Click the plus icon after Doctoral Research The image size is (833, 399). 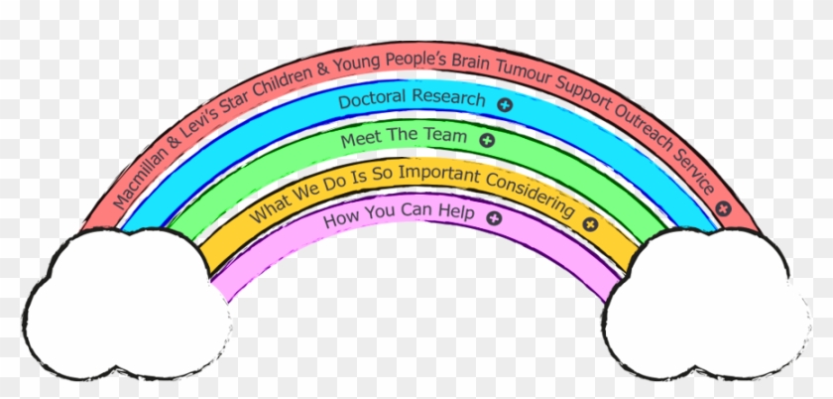[x=504, y=103]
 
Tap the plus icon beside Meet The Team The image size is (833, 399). [x=486, y=141]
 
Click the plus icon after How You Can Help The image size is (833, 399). [x=493, y=217]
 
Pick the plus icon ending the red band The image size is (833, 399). [x=724, y=208]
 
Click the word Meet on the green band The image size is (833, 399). [x=360, y=140]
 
